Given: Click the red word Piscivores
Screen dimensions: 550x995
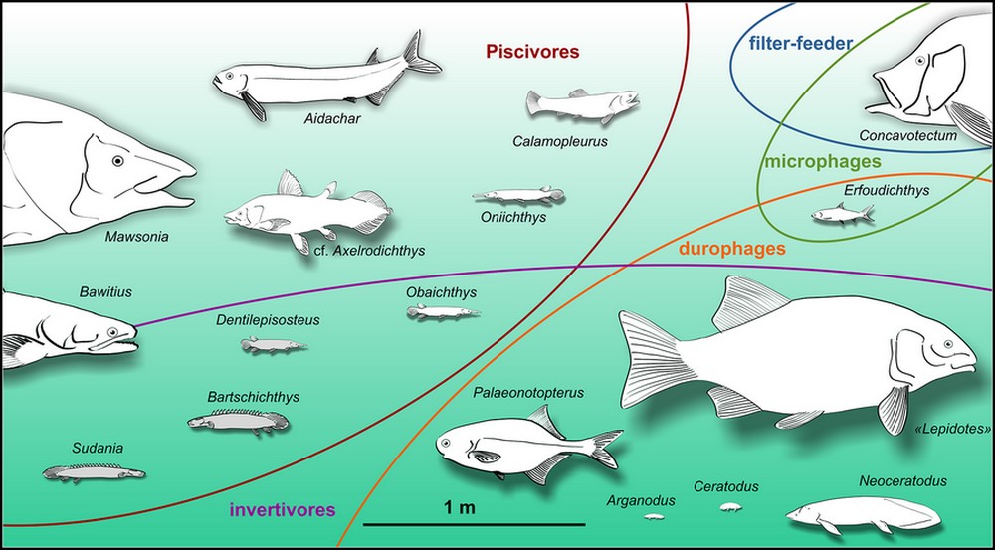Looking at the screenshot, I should [x=532, y=51].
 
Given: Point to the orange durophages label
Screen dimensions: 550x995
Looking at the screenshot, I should [x=732, y=249].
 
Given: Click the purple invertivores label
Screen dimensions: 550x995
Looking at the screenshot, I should [x=283, y=511].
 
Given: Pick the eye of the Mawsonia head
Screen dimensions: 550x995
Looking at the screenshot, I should [x=118, y=160].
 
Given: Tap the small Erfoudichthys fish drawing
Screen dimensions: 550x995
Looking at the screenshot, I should [x=842, y=213].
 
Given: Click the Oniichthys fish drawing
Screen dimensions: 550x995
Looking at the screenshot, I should [x=509, y=196].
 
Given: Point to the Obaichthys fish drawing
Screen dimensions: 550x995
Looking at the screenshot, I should [x=442, y=313].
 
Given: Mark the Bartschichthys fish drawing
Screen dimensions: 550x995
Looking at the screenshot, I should [x=237, y=423].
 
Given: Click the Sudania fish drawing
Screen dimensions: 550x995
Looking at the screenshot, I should [x=94, y=472].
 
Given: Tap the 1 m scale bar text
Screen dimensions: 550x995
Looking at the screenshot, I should [x=459, y=508].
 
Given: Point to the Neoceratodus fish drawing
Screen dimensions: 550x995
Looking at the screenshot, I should [x=862, y=513].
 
